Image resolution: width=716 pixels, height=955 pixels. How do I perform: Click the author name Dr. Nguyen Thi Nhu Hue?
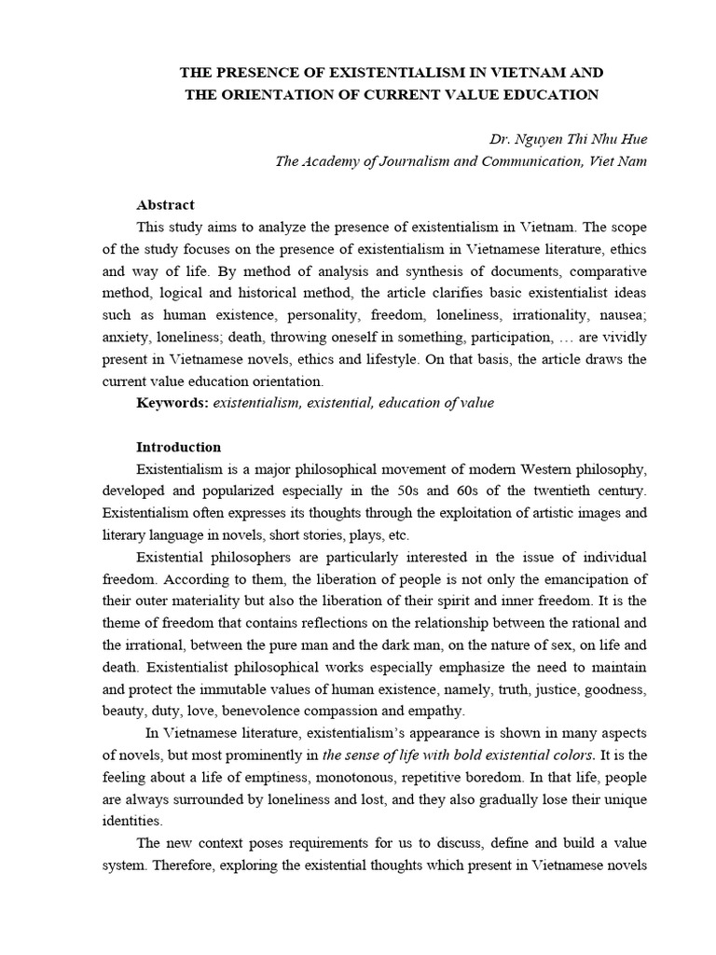(568, 139)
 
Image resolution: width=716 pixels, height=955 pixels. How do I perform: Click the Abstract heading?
(165, 205)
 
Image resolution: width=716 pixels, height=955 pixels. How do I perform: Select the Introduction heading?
(179, 447)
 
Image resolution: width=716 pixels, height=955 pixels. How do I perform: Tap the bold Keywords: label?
(172, 402)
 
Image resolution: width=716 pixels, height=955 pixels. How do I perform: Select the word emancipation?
(586, 579)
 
